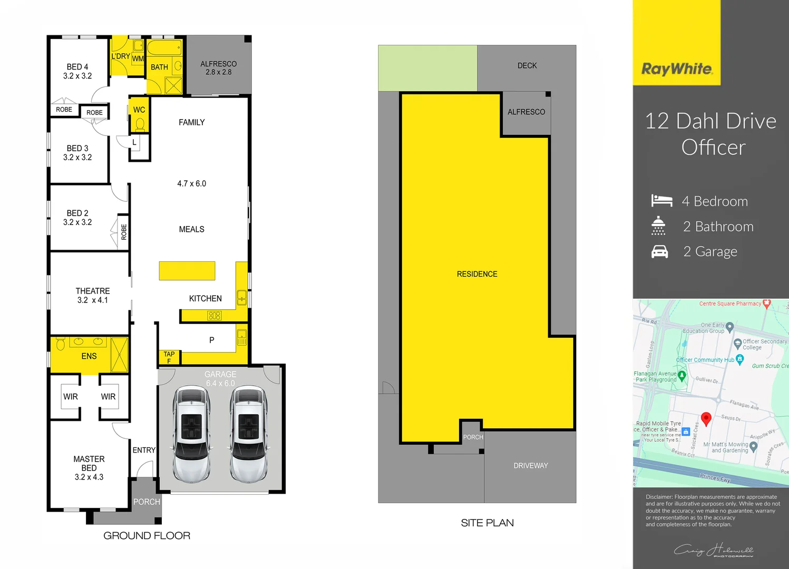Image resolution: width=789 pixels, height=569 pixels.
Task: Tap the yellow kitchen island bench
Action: (187, 271)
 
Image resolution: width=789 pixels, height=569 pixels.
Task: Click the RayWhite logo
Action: (677, 69)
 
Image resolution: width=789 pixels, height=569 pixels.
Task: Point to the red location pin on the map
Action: (706, 418)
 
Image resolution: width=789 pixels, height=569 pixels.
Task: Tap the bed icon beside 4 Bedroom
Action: (661, 201)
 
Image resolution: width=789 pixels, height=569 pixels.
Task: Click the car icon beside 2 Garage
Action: (659, 252)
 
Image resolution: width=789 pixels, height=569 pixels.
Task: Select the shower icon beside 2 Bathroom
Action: (658, 225)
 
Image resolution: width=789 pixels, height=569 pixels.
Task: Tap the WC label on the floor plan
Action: (139, 110)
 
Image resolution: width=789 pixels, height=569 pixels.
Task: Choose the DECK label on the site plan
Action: (527, 66)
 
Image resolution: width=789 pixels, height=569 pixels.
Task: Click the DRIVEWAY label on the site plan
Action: (531, 466)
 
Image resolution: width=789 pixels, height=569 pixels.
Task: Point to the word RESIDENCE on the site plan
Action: (477, 274)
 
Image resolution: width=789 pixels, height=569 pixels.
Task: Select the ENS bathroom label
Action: (89, 356)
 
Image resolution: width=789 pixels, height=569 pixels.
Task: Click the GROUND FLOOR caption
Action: (147, 536)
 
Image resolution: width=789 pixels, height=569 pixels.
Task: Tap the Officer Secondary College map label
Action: (764, 344)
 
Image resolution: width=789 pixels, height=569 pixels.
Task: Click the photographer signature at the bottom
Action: (714, 551)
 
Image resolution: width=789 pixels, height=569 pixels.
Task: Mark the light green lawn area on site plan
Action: (427, 68)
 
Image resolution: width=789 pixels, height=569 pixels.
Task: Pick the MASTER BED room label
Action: (89, 464)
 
